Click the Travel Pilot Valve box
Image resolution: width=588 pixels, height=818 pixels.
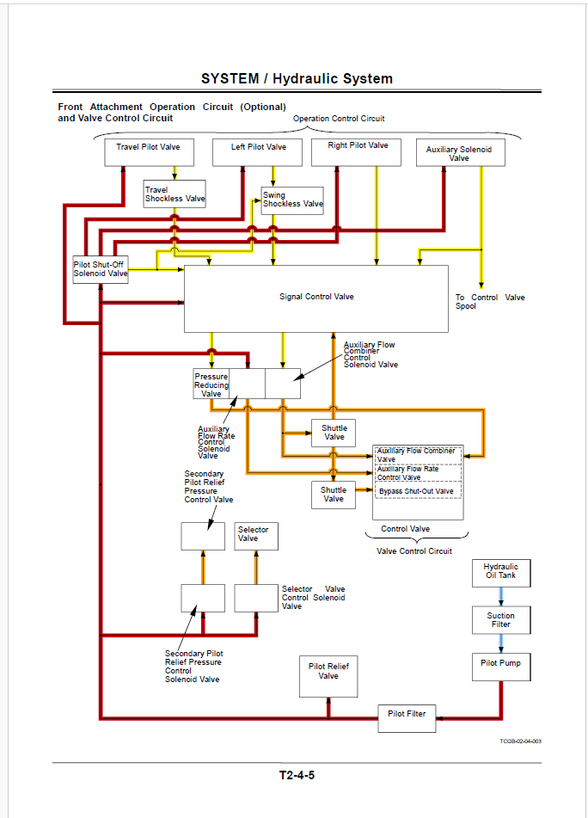point(149,152)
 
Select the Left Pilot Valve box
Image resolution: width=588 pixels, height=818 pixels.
point(258,152)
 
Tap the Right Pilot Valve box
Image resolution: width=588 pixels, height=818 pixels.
point(357,152)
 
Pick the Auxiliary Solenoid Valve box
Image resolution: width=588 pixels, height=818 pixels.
point(461,152)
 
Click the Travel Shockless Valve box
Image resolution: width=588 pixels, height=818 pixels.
point(175,194)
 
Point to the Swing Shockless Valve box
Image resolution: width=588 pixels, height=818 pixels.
point(292,201)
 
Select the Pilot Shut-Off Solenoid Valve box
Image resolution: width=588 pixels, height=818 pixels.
point(101,269)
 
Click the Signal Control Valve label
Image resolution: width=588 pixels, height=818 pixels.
point(316,297)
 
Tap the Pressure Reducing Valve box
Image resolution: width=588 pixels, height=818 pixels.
point(211,384)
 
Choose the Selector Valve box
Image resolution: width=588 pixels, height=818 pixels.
point(256,536)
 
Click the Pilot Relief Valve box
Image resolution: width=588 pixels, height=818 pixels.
point(328,677)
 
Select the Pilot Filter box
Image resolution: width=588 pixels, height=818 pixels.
point(407,718)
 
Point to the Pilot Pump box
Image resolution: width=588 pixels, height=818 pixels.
point(501,667)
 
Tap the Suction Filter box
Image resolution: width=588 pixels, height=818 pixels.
point(501,620)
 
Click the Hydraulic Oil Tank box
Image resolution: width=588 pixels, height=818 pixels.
point(501,574)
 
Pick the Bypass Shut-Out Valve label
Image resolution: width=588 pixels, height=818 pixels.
point(416,491)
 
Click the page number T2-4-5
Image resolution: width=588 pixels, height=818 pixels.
point(297,775)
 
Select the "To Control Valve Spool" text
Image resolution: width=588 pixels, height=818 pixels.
point(490,302)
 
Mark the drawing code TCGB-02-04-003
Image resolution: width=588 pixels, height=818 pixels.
point(520,741)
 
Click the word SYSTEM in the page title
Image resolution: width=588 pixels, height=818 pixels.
point(230,79)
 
